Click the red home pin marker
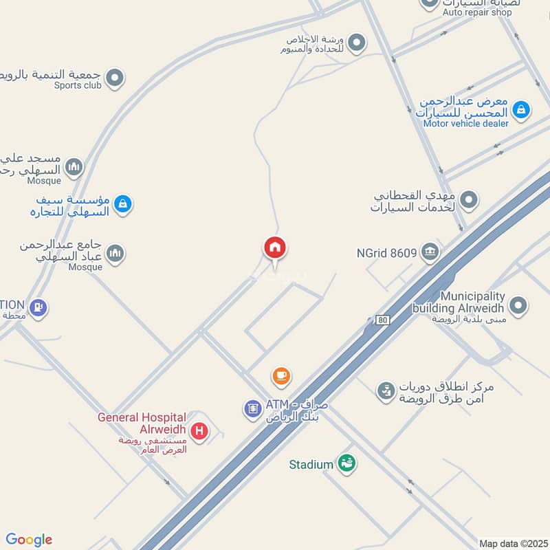pyautogui.click(x=275, y=247)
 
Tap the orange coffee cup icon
pyautogui.click(x=280, y=375)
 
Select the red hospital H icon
pyautogui.click(x=199, y=431)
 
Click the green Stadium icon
pyautogui.click(x=347, y=464)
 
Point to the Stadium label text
pyautogui.click(x=311, y=465)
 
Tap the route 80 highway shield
pyautogui.click(x=383, y=320)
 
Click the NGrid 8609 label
pyautogui.click(x=386, y=252)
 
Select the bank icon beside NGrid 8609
pyautogui.click(x=431, y=252)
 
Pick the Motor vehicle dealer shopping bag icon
pyautogui.click(x=521, y=109)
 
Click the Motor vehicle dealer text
pyautogui.click(x=465, y=124)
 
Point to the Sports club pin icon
pyautogui.click(x=115, y=78)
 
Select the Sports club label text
pyautogui.click(x=78, y=86)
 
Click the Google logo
pyautogui.click(x=29, y=540)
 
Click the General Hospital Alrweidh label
pyautogui.click(x=142, y=423)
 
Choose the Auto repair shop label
pyautogui.click(x=477, y=12)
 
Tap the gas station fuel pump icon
pyautogui.click(x=38, y=307)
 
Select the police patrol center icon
pyautogui.click(x=386, y=392)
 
